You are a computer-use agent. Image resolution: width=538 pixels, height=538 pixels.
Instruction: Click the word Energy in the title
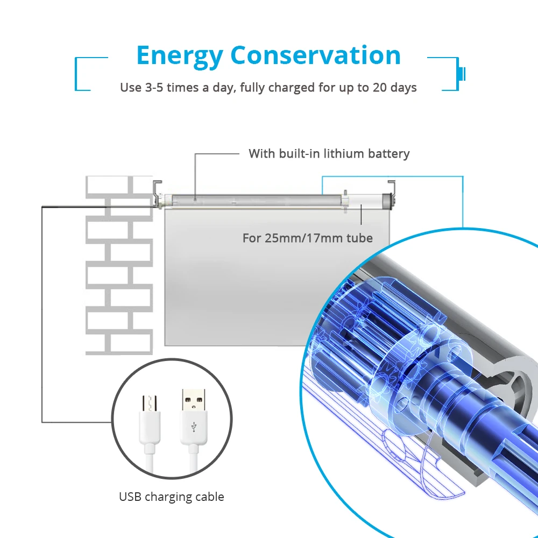coord(179,56)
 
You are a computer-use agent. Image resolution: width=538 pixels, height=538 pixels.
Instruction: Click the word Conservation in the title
coord(316,56)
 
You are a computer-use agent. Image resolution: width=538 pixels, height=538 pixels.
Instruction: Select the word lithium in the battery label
coord(344,154)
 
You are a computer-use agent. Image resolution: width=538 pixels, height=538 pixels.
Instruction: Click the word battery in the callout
coord(388,154)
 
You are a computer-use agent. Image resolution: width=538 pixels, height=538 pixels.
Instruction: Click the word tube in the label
coord(359,238)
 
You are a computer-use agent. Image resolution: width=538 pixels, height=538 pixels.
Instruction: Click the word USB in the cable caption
coord(130,497)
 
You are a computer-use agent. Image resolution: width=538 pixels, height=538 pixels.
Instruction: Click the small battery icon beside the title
coord(462,74)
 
